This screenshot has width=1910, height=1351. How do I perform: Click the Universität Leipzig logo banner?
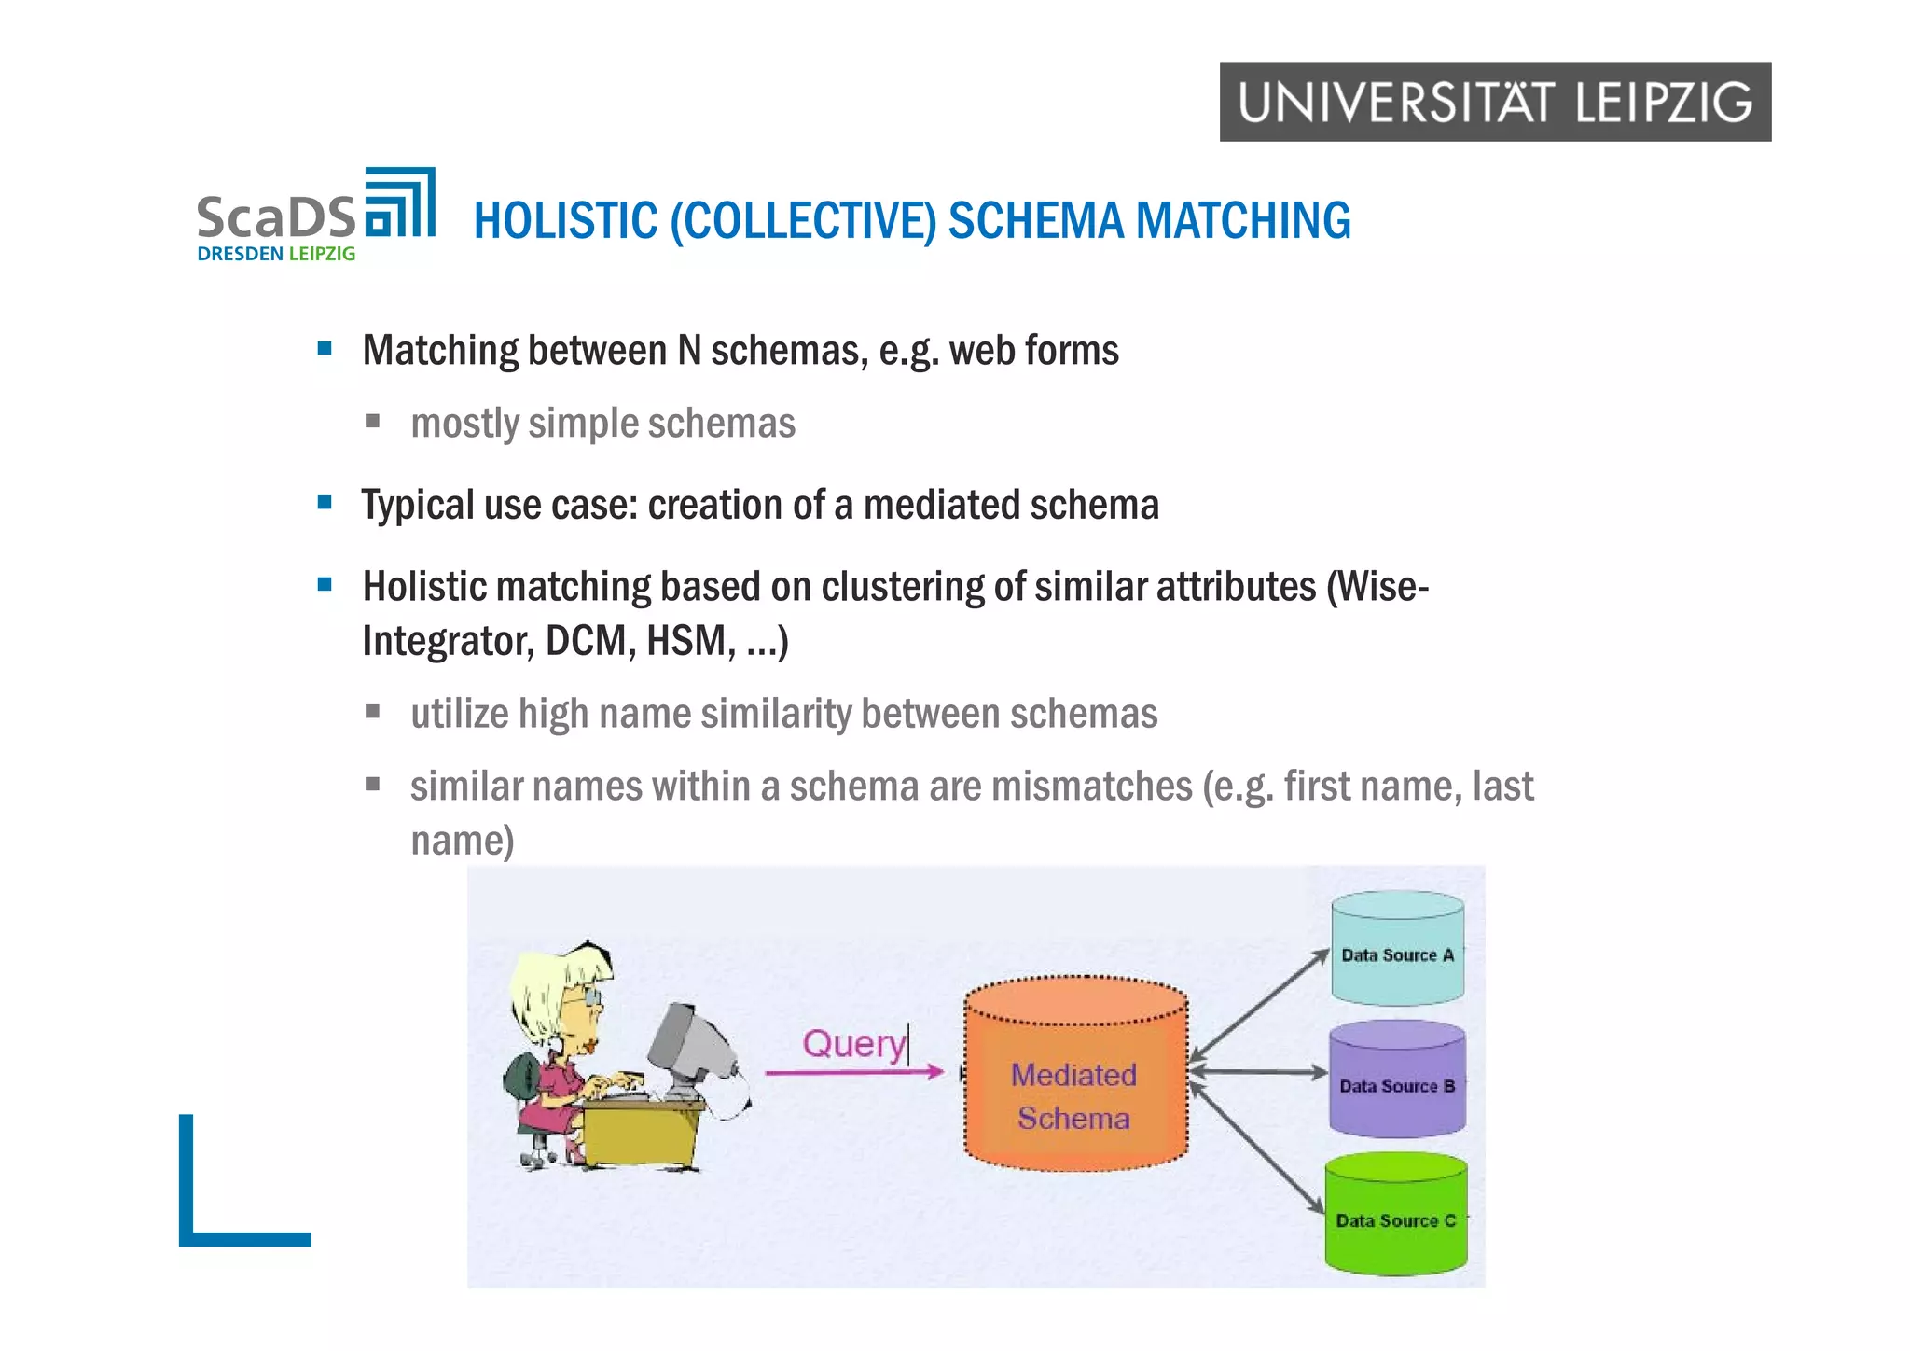pos(1494,102)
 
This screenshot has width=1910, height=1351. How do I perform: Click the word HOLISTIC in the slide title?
pos(565,222)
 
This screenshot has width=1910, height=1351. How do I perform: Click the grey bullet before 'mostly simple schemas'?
pos(373,422)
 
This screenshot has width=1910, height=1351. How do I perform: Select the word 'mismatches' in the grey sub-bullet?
pos(1091,787)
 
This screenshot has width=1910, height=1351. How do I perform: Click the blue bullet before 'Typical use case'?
pos(325,504)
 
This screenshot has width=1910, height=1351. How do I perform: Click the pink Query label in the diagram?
pos(853,1043)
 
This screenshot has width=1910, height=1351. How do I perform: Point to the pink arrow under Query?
pos(853,1073)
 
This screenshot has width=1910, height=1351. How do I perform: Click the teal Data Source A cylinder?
pos(1397,949)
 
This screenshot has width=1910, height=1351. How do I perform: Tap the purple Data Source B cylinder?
pos(1397,1079)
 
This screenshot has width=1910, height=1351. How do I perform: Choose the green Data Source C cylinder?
pos(1396,1214)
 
